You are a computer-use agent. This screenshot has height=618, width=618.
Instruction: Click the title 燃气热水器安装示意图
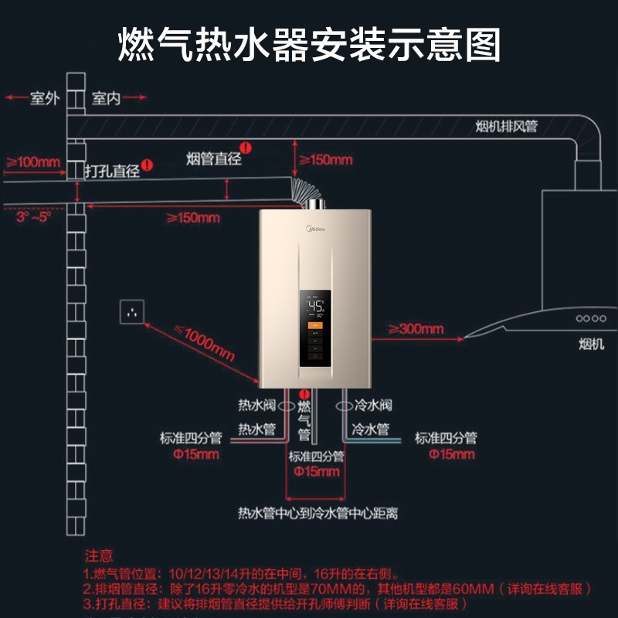(309, 44)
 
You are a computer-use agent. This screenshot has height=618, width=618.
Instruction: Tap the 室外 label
(44, 99)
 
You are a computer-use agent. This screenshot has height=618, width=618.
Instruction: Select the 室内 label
(106, 99)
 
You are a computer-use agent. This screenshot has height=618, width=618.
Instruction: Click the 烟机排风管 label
(506, 127)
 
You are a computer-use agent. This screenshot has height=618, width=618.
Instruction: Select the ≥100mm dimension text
(33, 162)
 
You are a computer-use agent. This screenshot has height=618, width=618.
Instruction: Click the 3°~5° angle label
(33, 217)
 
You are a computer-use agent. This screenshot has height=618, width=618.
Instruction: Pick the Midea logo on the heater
(316, 229)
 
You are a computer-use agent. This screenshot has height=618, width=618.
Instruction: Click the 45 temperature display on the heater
(315, 306)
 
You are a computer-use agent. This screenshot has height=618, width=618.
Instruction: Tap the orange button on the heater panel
(315, 326)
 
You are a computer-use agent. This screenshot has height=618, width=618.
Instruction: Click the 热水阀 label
(256, 406)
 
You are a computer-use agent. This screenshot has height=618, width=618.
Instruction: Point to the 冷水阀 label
(374, 406)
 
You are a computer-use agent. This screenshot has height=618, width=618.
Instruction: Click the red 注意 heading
(99, 555)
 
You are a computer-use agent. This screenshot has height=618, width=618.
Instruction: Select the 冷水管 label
(371, 429)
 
